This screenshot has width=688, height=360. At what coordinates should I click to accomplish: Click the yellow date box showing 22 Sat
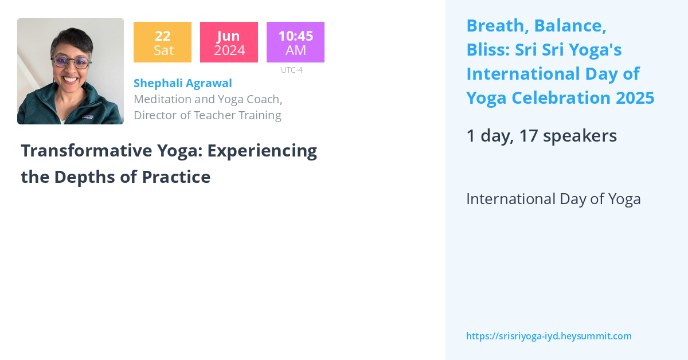162,42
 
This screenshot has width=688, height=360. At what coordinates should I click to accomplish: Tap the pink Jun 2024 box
229,42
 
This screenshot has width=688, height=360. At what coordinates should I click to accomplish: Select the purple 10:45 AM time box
295,42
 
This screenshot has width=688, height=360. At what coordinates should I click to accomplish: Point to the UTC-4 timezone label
291,70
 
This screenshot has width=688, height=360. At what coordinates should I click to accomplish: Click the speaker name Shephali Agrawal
182,83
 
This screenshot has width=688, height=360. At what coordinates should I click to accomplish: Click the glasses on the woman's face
71,62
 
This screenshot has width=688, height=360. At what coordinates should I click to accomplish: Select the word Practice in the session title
175,177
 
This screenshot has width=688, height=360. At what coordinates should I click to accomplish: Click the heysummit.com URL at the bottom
549,336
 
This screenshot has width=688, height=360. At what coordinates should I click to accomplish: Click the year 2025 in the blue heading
635,98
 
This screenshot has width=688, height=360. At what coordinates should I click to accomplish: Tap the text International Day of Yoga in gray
553,199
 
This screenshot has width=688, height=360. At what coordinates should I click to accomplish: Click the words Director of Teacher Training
207,115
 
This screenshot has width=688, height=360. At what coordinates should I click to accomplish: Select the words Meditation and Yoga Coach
208,99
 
